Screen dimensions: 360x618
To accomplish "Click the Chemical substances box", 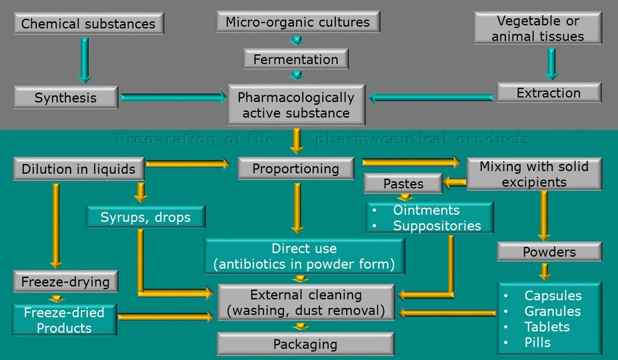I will [x=88, y=24].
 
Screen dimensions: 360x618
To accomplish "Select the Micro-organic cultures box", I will [x=297, y=22].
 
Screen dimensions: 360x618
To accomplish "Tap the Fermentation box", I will [x=295, y=59].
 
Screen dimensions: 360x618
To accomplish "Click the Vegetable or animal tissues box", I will [x=537, y=28].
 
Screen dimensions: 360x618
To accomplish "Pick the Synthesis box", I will [x=65, y=97].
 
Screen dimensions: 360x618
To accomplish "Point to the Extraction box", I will [x=549, y=93].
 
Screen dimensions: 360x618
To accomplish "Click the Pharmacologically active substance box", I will [x=296, y=105].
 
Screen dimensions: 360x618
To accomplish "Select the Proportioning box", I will [x=295, y=169].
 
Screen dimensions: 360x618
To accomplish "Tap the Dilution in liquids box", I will [x=78, y=169].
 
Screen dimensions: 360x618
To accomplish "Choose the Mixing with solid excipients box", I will [x=533, y=173].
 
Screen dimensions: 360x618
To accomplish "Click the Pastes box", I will [x=403, y=183].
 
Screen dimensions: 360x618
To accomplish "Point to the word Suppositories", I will [x=437, y=225].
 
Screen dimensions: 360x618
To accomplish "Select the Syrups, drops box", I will [x=145, y=217].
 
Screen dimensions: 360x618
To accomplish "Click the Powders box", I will [x=549, y=251].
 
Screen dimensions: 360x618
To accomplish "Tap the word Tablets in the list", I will [x=547, y=327].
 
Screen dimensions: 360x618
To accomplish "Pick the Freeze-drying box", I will [x=65, y=281].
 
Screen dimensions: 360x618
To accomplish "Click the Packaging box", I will [x=305, y=344].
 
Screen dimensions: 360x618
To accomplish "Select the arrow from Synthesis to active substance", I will [x=174, y=97].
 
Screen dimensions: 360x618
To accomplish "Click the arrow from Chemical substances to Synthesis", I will [x=85, y=60].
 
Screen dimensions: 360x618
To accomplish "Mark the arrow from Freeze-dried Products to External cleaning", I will [x=165, y=317].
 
